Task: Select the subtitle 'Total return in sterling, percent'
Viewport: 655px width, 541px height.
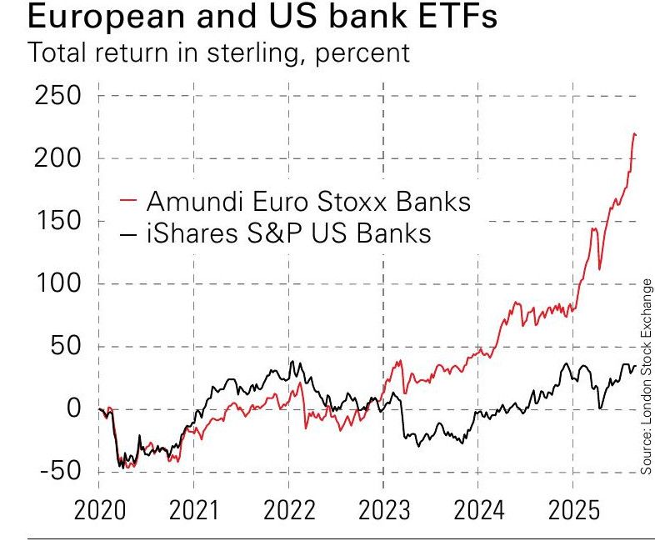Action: point(219,53)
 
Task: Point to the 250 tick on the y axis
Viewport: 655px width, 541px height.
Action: point(57,96)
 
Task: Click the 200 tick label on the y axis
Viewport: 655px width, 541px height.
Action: point(57,158)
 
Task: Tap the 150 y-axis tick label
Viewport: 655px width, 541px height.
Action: point(57,221)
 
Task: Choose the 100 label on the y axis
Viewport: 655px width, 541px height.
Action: point(57,283)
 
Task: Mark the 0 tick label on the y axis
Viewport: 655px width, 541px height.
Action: point(72,408)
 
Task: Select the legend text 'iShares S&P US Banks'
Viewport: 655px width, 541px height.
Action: point(288,233)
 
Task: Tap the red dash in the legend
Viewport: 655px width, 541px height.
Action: point(127,201)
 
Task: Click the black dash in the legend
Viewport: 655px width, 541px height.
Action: point(127,233)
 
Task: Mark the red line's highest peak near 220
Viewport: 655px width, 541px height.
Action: point(634,133)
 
